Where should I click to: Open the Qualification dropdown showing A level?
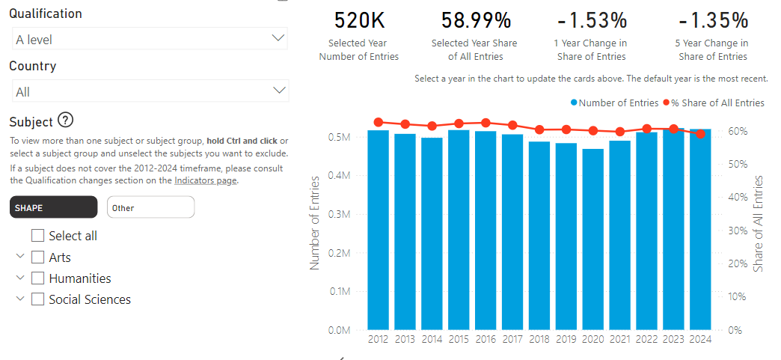pos(150,39)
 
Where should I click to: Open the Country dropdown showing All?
pos(150,91)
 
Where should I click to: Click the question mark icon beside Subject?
pos(65,120)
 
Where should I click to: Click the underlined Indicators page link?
pos(205,180)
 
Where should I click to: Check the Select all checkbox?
pos(38,236)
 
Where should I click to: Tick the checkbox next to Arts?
pos(38,257)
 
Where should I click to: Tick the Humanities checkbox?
pos(38,278)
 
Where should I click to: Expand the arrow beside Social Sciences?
pos(19,299)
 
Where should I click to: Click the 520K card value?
pos(358,19)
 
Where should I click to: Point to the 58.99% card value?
pos(474,19)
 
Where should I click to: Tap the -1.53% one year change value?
pos(591,19)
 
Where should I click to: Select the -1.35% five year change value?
pos(712,19)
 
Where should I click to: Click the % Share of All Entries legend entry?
pos(717,103)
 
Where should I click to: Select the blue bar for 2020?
pos(593,240)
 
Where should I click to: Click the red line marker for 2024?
pos(700,134)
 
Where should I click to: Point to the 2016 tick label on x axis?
pos(486,339)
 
